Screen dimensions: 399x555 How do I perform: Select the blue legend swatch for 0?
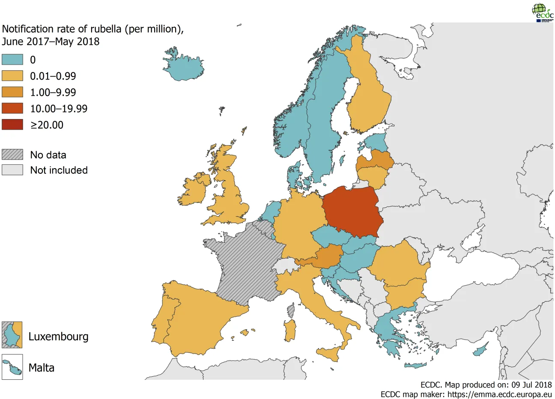pos(12,60)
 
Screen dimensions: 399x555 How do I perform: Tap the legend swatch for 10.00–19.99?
pos(12,108)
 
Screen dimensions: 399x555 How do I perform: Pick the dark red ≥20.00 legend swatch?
pos(12,125)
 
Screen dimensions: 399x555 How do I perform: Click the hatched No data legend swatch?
pos(12,155)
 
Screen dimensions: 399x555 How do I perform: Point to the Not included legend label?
pos(59,170)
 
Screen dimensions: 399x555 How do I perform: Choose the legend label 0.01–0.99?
pos(53,76)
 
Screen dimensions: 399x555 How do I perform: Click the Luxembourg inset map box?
pos(12,335)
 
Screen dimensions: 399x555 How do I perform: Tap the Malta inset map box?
pos(12,367)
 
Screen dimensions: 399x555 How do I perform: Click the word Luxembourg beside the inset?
pos(58,336)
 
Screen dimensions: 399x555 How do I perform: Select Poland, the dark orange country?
pos(352,212)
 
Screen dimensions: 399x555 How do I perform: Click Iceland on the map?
pos(183,66)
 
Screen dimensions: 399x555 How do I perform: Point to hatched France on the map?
pos(242,265)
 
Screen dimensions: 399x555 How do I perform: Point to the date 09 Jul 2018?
pos(531,384)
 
